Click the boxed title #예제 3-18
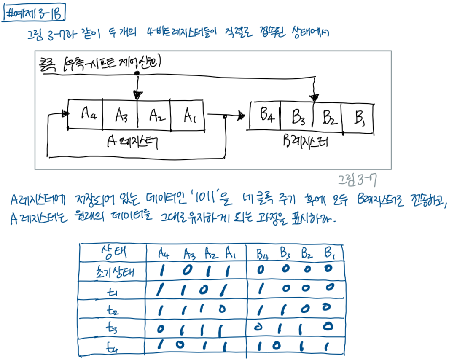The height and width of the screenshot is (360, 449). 34,14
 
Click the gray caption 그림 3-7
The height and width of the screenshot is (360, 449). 357,180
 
